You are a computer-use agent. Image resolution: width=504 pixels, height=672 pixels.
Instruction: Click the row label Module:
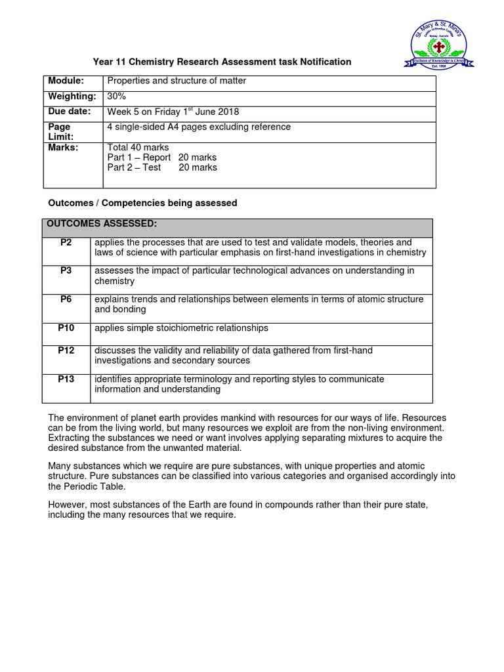point(66,81)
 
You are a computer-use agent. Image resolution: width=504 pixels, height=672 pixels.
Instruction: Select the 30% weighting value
point(117,96)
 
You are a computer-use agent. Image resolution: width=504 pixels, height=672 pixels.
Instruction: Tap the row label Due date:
point(69,112)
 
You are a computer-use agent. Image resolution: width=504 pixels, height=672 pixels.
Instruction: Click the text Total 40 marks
point(138,148)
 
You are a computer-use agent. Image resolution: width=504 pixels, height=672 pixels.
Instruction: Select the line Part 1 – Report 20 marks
point(162,157)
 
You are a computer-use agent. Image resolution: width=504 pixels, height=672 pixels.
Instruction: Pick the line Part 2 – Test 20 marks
point(162,167)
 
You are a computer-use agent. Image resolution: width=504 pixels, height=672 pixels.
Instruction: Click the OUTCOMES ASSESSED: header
point(102,224)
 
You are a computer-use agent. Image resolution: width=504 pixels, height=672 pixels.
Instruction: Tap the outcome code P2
point(66,243)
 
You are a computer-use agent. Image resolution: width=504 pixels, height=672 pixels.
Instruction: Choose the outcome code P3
point(66,271)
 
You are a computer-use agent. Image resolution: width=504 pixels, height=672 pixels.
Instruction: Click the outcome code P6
point(66,299)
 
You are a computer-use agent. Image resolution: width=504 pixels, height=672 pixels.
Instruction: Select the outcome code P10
point(66,328)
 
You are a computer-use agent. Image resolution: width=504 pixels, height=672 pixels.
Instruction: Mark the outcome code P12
point(66,350)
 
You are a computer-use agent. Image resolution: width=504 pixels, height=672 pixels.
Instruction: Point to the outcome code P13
point(66,379)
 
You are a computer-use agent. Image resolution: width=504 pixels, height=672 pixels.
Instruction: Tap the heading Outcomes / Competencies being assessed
point(142,203)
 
